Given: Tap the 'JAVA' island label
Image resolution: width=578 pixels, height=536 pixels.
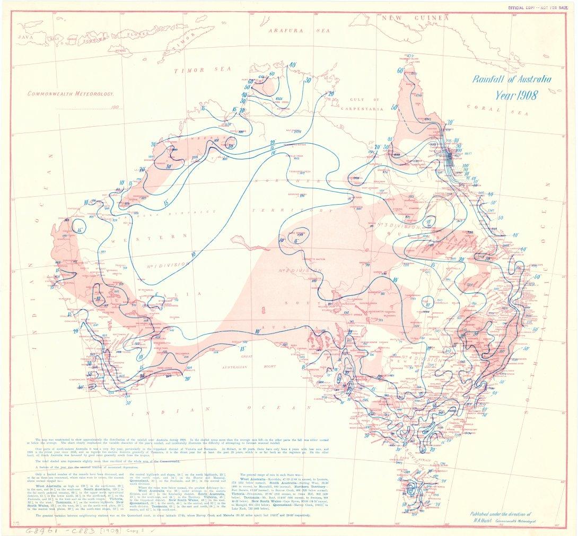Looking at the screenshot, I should [25, 37].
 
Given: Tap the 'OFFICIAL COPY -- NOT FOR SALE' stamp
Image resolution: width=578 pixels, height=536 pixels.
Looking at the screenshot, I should [539, 8].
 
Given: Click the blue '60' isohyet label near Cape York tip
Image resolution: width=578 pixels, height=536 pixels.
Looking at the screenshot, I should [400, 70].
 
